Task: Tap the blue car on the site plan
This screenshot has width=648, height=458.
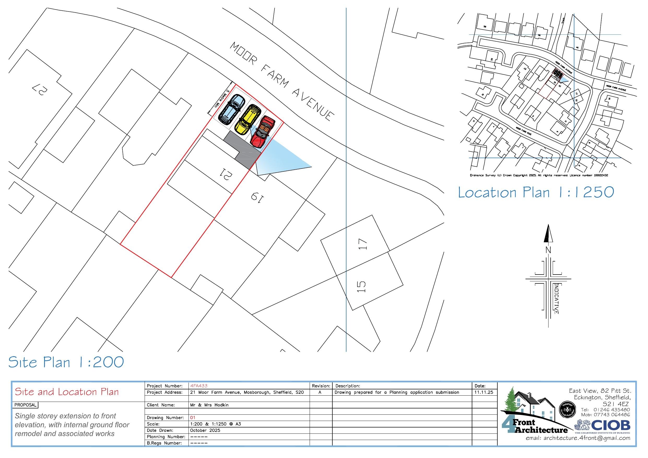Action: pyautogui.click(x=232, y=109)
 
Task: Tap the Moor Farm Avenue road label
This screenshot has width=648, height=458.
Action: pyautogui.click(x=282, y=82)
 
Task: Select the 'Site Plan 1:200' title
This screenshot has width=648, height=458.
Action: pyautogui.click(x=66, y=362)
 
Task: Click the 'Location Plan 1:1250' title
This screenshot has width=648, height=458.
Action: pyautogui.click(x=536, y=192)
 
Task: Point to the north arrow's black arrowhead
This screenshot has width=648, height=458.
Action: pyautogui.click(x=548, y=234)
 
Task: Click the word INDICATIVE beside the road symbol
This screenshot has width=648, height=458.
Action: pyautogui.click(x=556, y=299)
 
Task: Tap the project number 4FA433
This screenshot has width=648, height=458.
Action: pyautogui.click(x=199, y=386)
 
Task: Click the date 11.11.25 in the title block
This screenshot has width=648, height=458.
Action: pyautogui.click(x=484, y=392)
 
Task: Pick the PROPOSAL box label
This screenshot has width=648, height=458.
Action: pyautogui.click(x=25, y=405)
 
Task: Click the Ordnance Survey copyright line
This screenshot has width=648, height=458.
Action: pyautogui.click(x=539, y=175)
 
